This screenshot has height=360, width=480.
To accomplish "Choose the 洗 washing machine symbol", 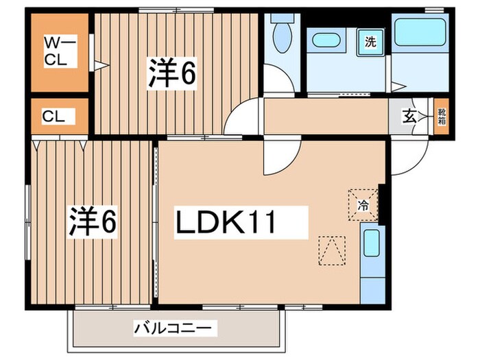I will coord(370,41).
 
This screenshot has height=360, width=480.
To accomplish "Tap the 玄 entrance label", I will coord(409,116).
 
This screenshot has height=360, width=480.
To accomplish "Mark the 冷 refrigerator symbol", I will coord(363,204).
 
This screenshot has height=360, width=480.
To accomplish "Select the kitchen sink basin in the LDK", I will coord(371,243).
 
